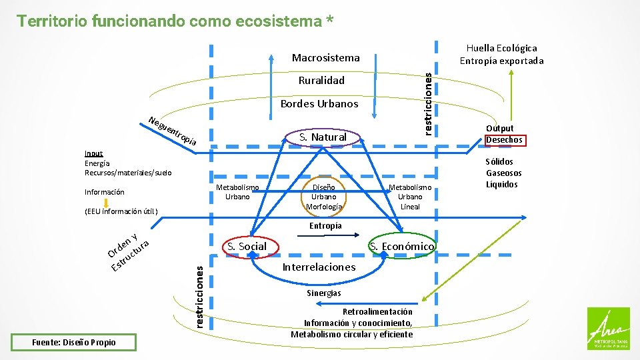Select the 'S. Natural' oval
(323, 137)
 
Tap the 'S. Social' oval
(247, 246)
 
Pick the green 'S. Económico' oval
(403, 247)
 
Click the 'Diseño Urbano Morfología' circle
(324, 197)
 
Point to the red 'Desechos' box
(505, 140)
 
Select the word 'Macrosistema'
(326, 58)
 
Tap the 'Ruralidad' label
(321, 81)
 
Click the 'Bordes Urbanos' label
(319, 103)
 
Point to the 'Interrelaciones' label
(319, 267)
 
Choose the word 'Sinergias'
(324, 293)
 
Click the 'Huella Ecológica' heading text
(501, 48)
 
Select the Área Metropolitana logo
(607, 328)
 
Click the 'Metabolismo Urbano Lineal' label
(410, 197)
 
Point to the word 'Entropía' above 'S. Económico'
(325, 225)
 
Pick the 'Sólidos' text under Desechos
(499, 161)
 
